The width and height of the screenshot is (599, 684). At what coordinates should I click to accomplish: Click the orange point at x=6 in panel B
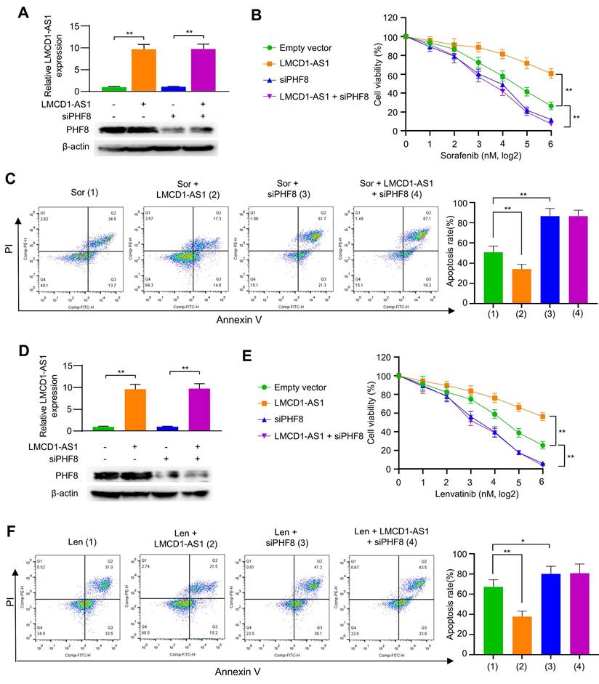pyautogui.click(x=551, y=73)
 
